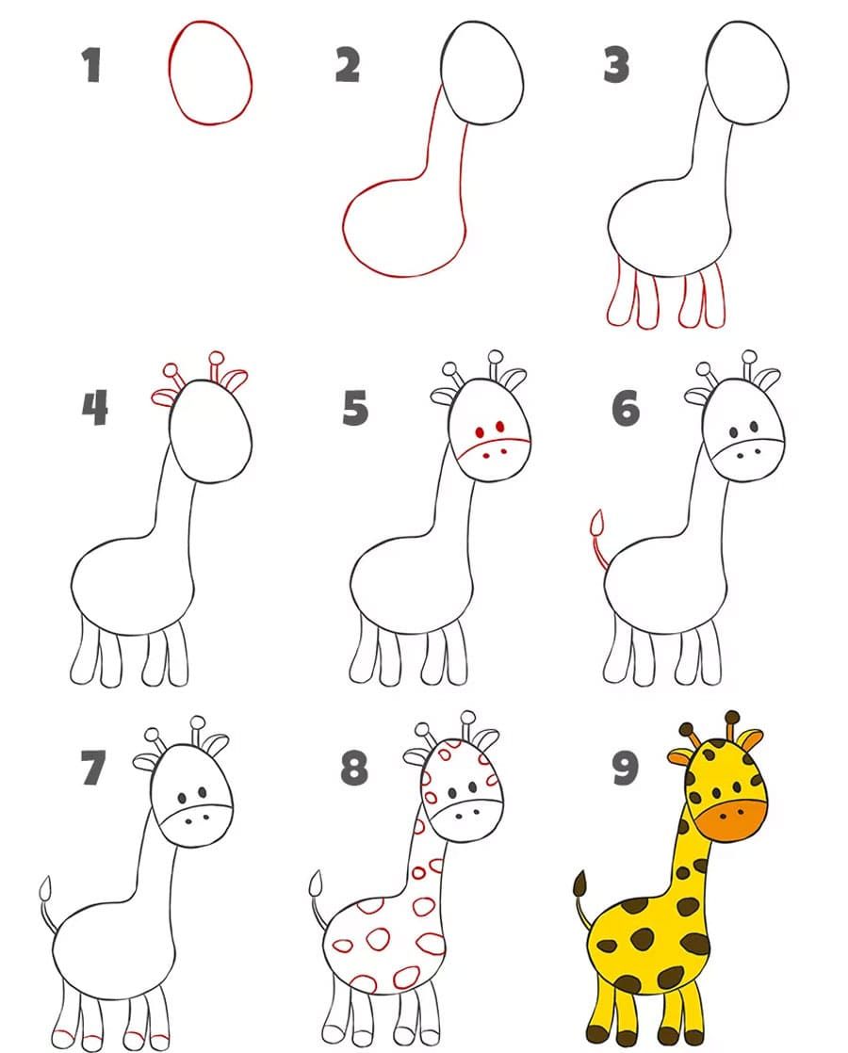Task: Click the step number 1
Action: coord(91,65)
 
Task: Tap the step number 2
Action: coord(348,65)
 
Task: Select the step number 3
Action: coord(616,65)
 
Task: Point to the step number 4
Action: coord(95,408)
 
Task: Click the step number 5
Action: coord(355,408)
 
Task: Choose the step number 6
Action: coord(625,408)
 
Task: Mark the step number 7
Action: coord(93,768)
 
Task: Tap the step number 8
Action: coord(354,768)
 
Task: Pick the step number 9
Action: coord(625,768)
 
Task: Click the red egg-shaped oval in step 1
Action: coord(171,73)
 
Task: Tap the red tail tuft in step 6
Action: coord(596,522)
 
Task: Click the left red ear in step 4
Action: coord(163,397)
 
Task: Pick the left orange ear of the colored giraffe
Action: coord(680,757)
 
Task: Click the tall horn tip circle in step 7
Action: coord(198,722)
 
